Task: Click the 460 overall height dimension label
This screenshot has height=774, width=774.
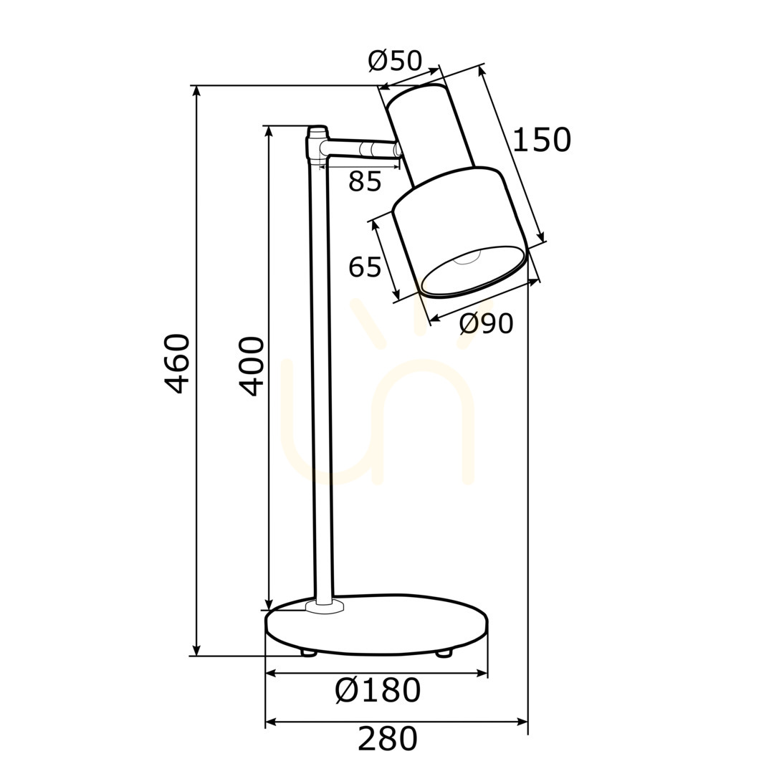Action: pos(176,363)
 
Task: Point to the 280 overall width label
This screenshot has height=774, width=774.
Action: pos(388,738)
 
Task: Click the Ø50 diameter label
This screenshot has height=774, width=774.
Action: pos(395,61)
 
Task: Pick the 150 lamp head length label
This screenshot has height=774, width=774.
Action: pos(542,140)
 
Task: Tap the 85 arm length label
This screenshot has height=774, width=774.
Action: pos(365,181)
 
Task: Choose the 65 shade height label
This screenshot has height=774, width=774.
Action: pos(365,267)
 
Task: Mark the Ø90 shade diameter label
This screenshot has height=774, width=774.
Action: pos(486,324)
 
